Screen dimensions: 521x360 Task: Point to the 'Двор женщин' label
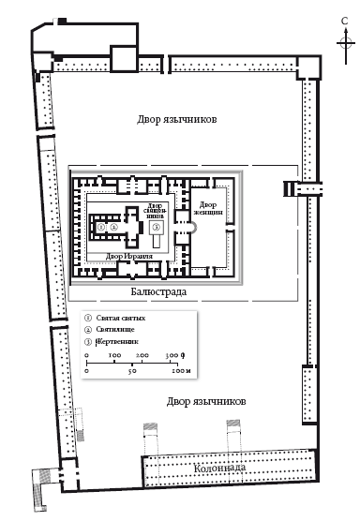tap(209, 209)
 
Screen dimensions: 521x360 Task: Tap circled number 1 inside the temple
tap(100, 227)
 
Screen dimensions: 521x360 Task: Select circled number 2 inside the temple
tap(112, 227)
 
